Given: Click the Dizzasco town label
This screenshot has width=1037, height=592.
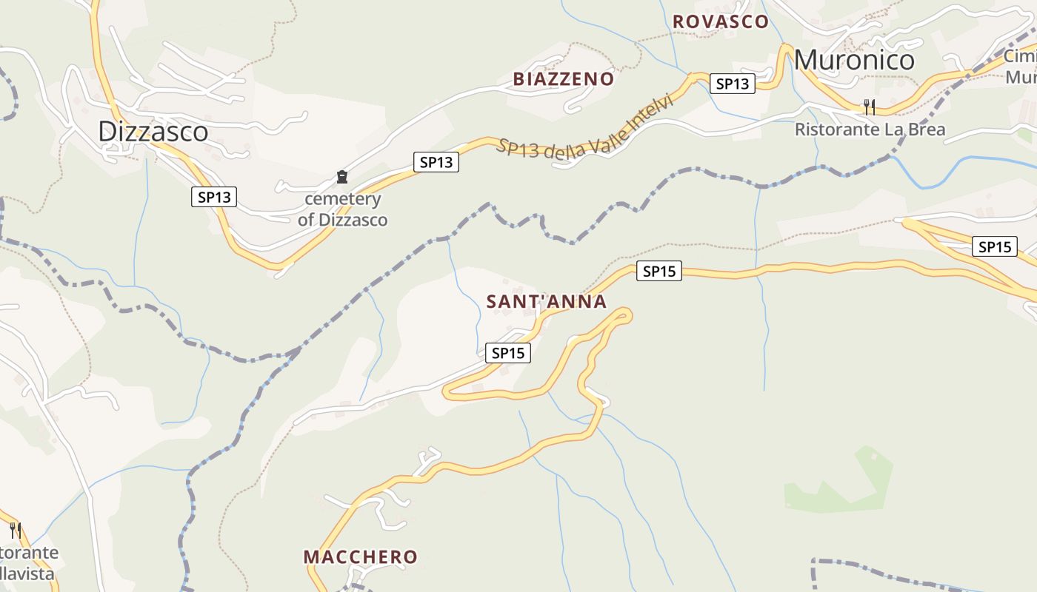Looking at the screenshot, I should click(x=153, y=132).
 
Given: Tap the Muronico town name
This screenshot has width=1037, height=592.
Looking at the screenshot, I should click(x=854, y=60).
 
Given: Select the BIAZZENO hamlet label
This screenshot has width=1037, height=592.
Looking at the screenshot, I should click(x=564, y=79).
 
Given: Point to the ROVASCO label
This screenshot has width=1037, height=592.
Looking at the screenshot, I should click(x=720, y=22).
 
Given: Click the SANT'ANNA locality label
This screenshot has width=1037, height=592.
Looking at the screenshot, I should click(x=547, y=301).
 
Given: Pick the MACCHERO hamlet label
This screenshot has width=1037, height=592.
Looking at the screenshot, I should click(x=361, y=556).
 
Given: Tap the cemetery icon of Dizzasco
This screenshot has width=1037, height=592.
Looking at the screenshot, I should click(x=342, y=177).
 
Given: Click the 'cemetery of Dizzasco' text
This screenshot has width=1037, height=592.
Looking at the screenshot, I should click(x=343, y=209).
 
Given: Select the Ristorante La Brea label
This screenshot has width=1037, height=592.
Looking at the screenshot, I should click(x=870, y=129).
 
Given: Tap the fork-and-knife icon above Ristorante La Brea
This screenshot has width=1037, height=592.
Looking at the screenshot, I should click(x=870, y=107).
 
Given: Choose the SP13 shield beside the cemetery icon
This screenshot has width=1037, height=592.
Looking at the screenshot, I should click(x=436, y=162).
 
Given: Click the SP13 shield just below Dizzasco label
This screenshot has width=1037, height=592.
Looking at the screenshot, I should click(x=214, y=197).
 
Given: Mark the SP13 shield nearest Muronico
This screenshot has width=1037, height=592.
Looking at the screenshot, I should click(x=732, y=84).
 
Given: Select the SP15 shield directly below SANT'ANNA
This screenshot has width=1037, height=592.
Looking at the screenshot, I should click(x=508, y=353).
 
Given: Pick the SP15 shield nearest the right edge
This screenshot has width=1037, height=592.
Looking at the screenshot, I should click(x=994, y=246).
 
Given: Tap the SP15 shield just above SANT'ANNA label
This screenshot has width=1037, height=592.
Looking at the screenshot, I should click(x=658, y=272).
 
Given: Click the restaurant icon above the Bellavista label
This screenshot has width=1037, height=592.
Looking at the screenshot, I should click(x=15, y=530).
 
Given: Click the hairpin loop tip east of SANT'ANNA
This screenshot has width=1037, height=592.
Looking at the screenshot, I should click(x=626, y=316).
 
